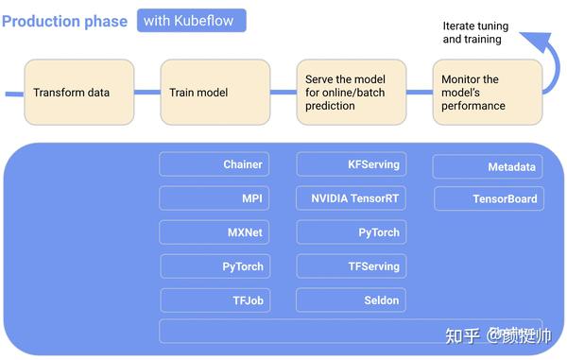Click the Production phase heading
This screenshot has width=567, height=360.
tap(65, 21)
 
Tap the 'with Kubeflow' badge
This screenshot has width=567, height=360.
tap(192, 20)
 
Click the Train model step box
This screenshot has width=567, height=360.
tap(215, 93)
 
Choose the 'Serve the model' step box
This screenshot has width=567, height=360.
tap(352, 93)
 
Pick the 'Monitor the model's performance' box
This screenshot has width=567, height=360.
tap(487, 93)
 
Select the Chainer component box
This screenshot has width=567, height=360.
tap(214, 164)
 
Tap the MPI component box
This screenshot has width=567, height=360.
tap(214, 198)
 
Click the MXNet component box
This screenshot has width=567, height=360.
tap(214, 232)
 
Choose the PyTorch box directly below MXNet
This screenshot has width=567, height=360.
tap(214, 266)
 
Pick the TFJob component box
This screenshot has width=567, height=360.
tap(214, 300)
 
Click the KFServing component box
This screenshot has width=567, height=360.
tap(352, 164)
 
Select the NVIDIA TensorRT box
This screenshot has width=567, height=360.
tap(352, 198)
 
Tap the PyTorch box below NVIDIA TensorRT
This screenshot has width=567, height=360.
tap(352, 232)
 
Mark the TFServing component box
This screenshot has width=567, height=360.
tap(352, 266)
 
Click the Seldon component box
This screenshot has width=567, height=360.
tap(352, 300)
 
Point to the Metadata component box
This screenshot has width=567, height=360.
tap(489, 167)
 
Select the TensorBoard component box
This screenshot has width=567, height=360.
tap(489, 199)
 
